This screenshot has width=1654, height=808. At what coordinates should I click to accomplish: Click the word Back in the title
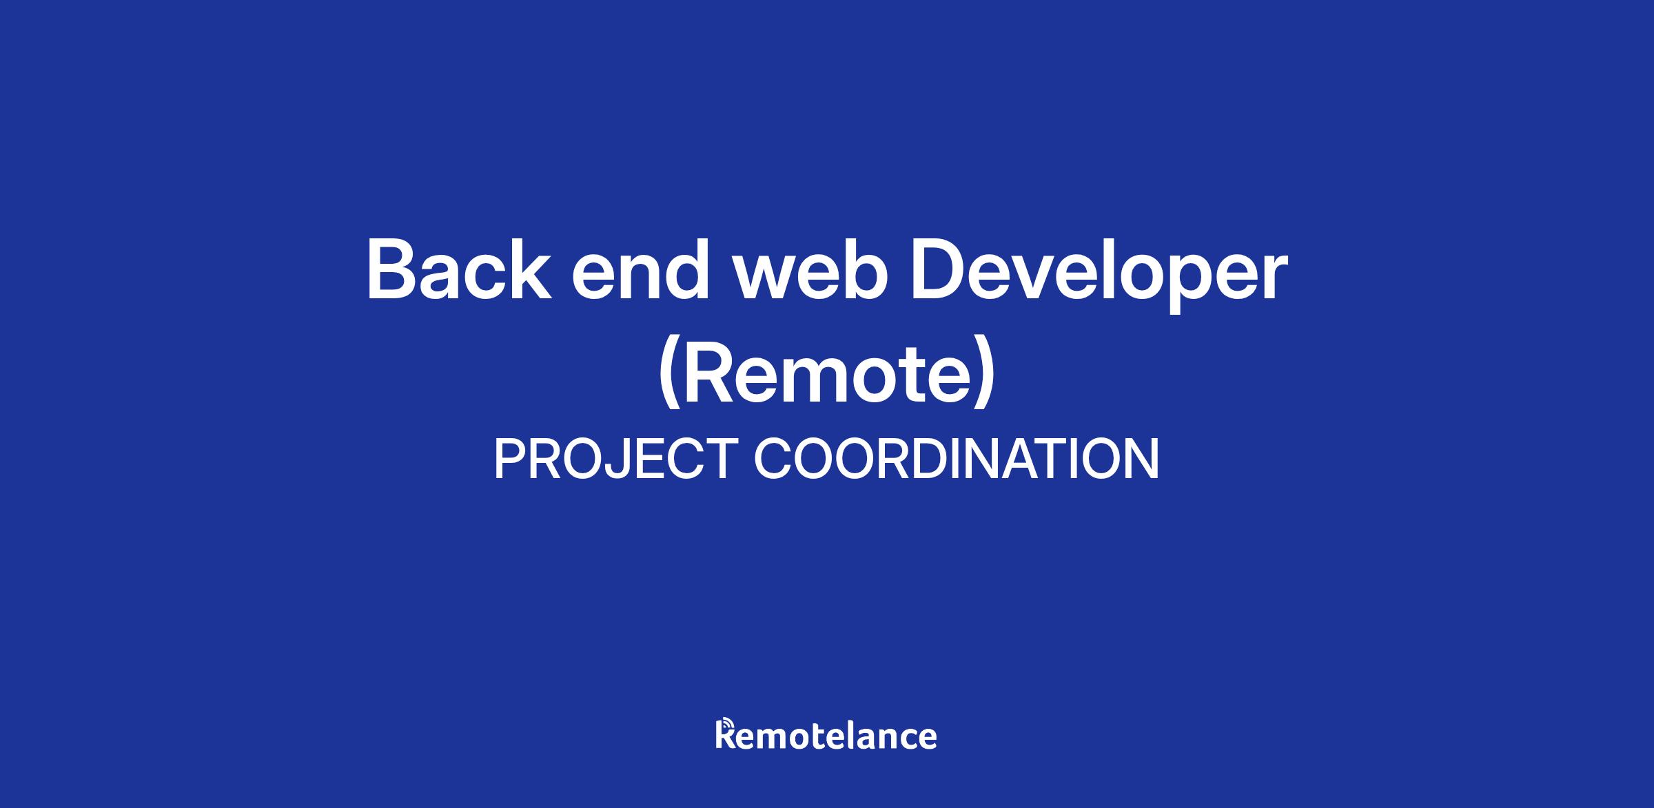click(459, 270)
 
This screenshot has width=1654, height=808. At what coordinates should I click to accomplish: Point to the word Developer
click(1099, 275)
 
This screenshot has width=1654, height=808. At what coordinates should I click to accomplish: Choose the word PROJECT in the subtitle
click(616, 459)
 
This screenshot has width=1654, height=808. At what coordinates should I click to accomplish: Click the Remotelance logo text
click(826, 734)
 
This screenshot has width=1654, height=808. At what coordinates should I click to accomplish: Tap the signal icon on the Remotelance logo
click(725, 725)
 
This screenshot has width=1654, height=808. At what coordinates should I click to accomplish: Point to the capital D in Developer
click(939, 270)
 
